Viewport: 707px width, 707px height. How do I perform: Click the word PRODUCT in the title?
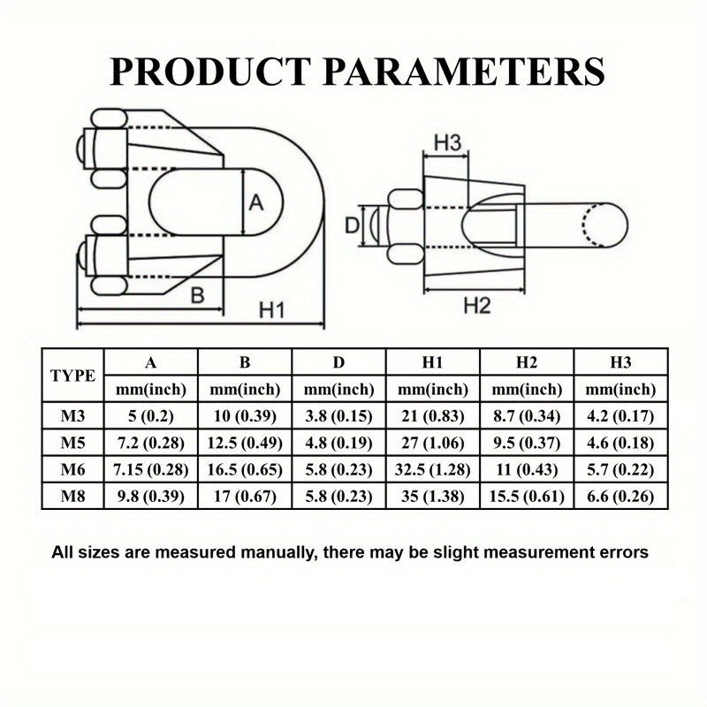(x=210, y=72)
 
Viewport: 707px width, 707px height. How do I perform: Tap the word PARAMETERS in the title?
(x=464, y=72)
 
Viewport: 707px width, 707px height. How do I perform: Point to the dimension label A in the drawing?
(x=256, y=202)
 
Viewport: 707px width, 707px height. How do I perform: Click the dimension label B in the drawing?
(x=197, y=295)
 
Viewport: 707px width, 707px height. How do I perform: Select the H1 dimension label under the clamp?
(x=272, y=310)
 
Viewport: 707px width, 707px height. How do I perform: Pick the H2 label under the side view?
(x=477, y=306)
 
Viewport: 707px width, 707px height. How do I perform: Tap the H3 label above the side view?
(x=448, y=143)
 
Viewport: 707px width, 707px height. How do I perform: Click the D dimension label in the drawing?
(x=352, y=225)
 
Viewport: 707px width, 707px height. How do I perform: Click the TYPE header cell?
(x=72, y=376)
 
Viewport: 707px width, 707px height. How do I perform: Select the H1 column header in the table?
(x=432, y=362)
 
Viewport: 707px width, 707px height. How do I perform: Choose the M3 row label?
(x=72, y=415)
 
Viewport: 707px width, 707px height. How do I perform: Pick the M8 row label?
(x=72, y=497)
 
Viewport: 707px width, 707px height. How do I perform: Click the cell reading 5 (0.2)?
(x=151, y=415)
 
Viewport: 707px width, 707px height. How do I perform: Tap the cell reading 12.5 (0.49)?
(x=245, y=443)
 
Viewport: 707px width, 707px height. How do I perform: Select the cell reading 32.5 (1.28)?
(x=433, y=470)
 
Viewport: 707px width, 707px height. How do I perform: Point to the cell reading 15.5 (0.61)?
(x=527, y=497)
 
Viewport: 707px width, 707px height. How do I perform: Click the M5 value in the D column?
(x=338, y=443)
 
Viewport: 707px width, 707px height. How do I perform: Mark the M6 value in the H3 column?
(x=620, y=470)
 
